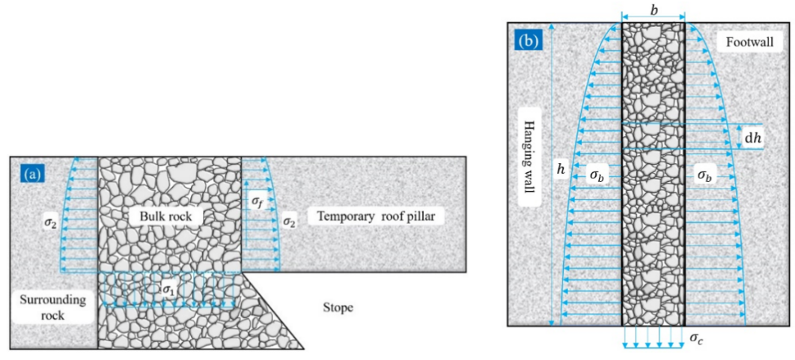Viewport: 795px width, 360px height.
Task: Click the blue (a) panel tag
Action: coord(32,175)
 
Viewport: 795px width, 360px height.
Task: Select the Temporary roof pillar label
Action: coord(381,217)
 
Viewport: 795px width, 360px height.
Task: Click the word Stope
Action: coord(338,307)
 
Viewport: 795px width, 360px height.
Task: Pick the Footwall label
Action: coord(749,43)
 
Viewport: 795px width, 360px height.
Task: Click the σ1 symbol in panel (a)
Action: coord(168,287)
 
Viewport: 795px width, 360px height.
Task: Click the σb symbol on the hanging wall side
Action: coord(597,175)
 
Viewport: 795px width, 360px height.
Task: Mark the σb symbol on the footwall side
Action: coord(705,175)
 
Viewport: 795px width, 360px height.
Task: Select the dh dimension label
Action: coord(752,137)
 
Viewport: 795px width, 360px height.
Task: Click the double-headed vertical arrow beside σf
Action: coord(247,201)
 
